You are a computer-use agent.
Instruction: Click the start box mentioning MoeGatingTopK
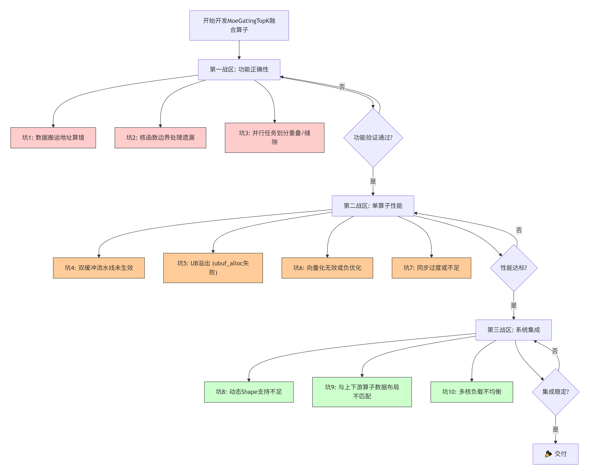click(x=239, y=26)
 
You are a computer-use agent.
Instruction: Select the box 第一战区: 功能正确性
click(x=239, y=69)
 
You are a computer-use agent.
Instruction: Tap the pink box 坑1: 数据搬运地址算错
click(x=53, y=138)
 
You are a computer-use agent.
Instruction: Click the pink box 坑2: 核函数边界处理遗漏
click(x=160, y=138)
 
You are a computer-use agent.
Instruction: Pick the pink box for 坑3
click(x=274, y=138)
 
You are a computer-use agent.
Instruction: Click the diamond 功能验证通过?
click(x=373, y=138)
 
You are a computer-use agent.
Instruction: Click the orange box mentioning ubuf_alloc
click(x=213, y=268)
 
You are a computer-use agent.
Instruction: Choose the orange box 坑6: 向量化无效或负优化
click(x=327, y=268)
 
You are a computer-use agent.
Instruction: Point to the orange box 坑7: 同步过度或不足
click(x=431, y=268)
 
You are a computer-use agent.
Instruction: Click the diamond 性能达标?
click(x=514, y=268)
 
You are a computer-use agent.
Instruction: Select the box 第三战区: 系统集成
click(x=514, y=330)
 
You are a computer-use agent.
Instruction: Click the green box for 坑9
click(x=362, y=392)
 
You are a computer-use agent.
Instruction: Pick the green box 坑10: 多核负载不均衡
click(x=472, y=392)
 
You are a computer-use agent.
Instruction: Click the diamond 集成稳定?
click(x=555, y=392)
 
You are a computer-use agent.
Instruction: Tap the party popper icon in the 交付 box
click(x=548, y=454)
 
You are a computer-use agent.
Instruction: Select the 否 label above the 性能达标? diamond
click(x=519, y=230)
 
